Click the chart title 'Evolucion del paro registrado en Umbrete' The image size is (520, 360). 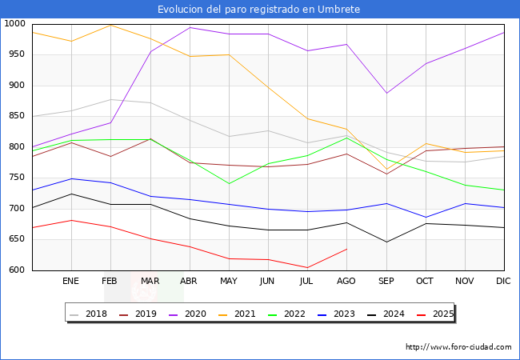(x=259, y=10)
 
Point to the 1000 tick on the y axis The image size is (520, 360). (x=15, y=24)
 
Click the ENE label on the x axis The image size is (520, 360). (x=71, y=282)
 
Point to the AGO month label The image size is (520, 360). (x=346, y=282)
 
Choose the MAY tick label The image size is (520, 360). (x=229, y=282)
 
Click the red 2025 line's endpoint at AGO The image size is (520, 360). (x=346, y=249)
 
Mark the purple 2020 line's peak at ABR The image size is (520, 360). (x=190, y=27)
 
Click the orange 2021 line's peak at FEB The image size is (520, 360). (x=110, y=25)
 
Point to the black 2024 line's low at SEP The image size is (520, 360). (x=386, y=242)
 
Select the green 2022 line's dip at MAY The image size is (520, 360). (x=229, y=184)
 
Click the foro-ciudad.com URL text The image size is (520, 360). (x=458, y=347)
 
